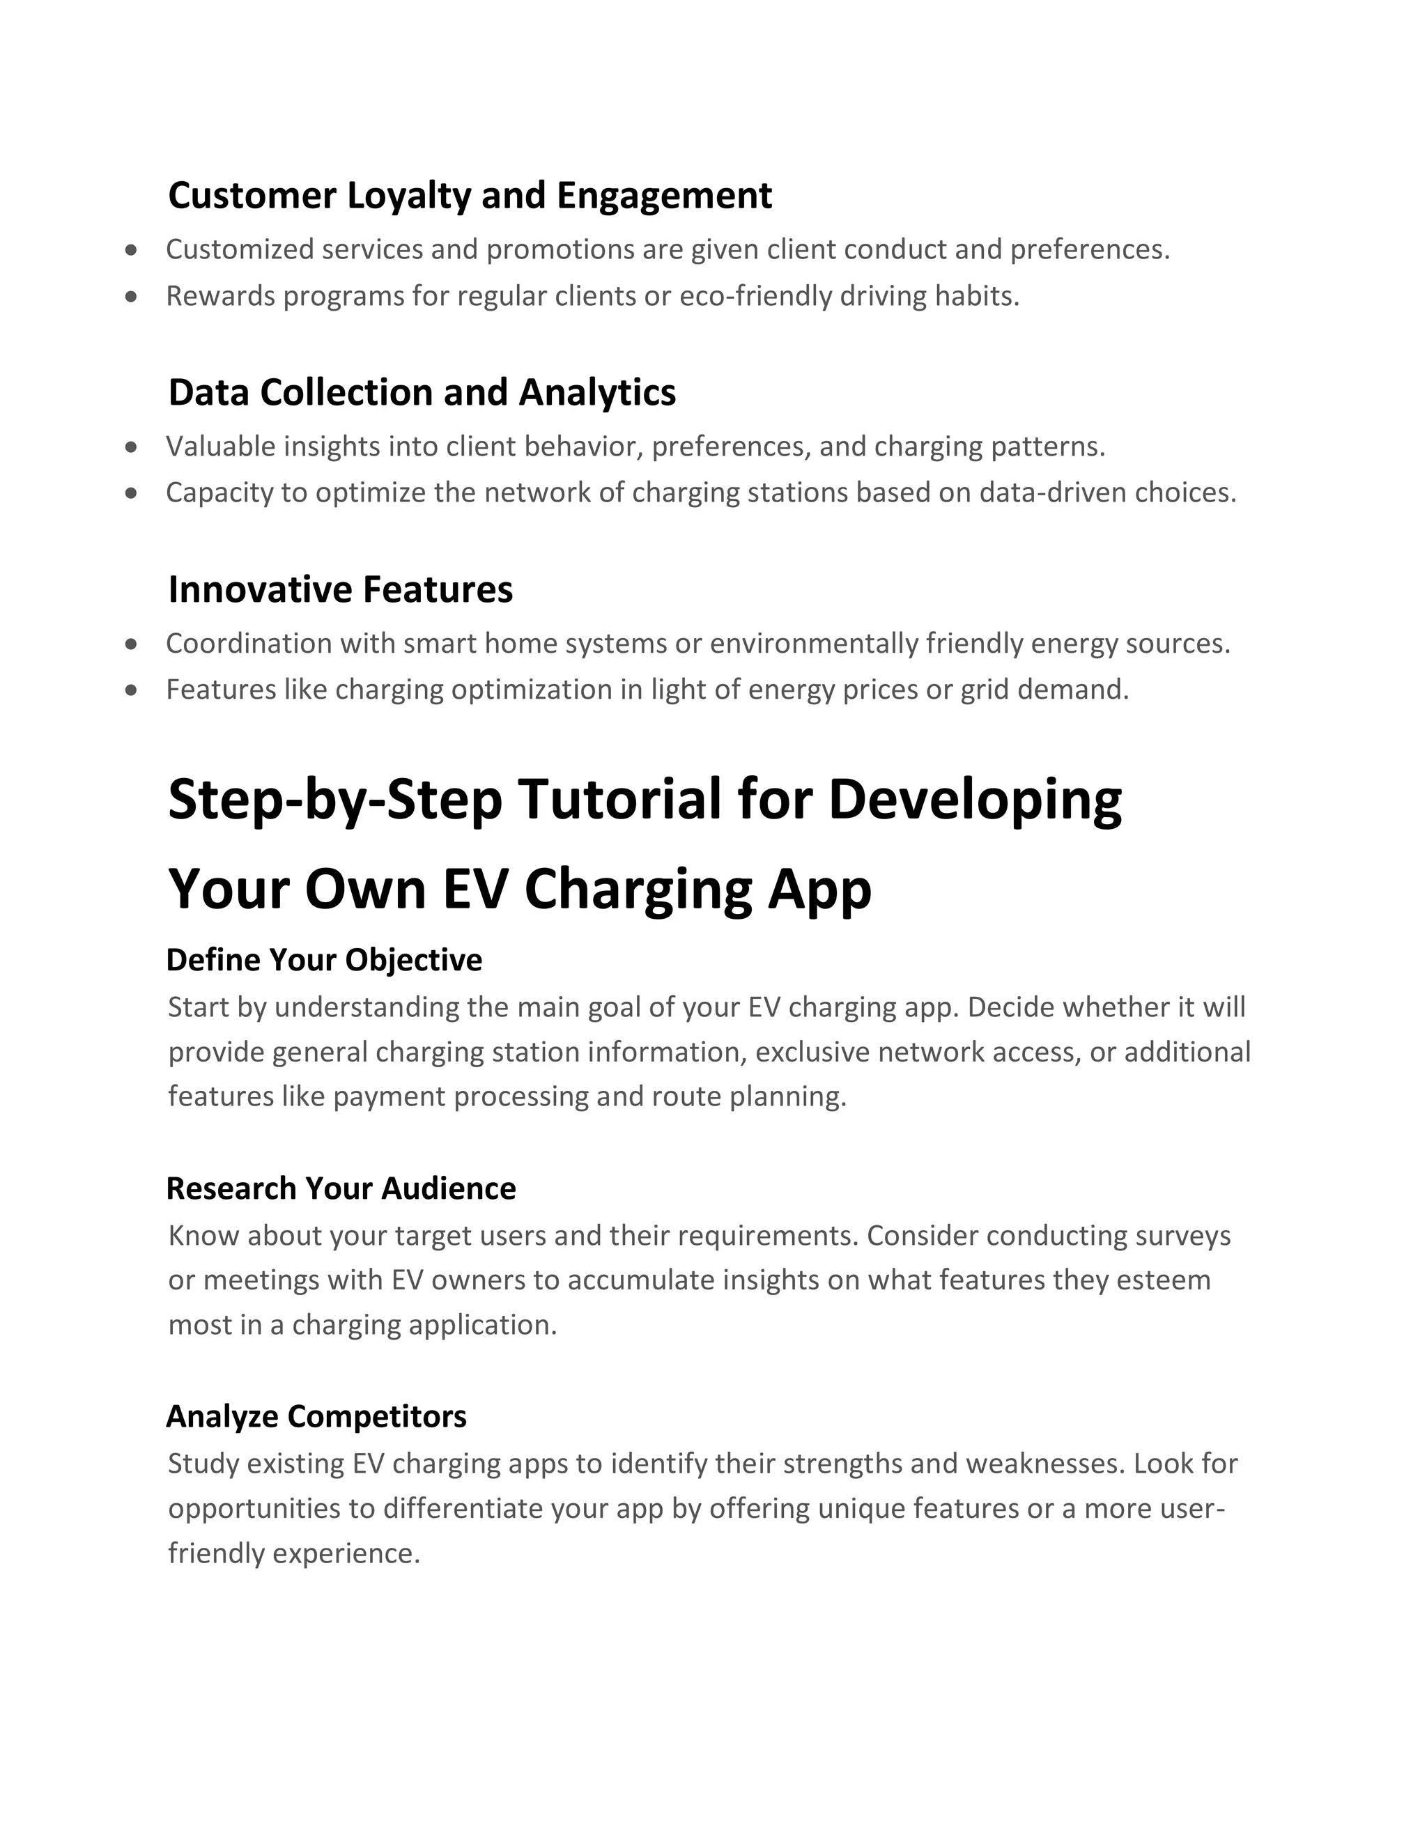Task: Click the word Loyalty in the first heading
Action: click(x=408, y=196)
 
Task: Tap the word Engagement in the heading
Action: click(x=663, y=196)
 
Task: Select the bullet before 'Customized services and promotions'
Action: click(x=131, y=250)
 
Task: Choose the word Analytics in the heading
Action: click(x=597, y=393)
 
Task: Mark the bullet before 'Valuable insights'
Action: click(x=131, y=447)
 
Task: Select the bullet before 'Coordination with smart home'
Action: click(x=131, y=644)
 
